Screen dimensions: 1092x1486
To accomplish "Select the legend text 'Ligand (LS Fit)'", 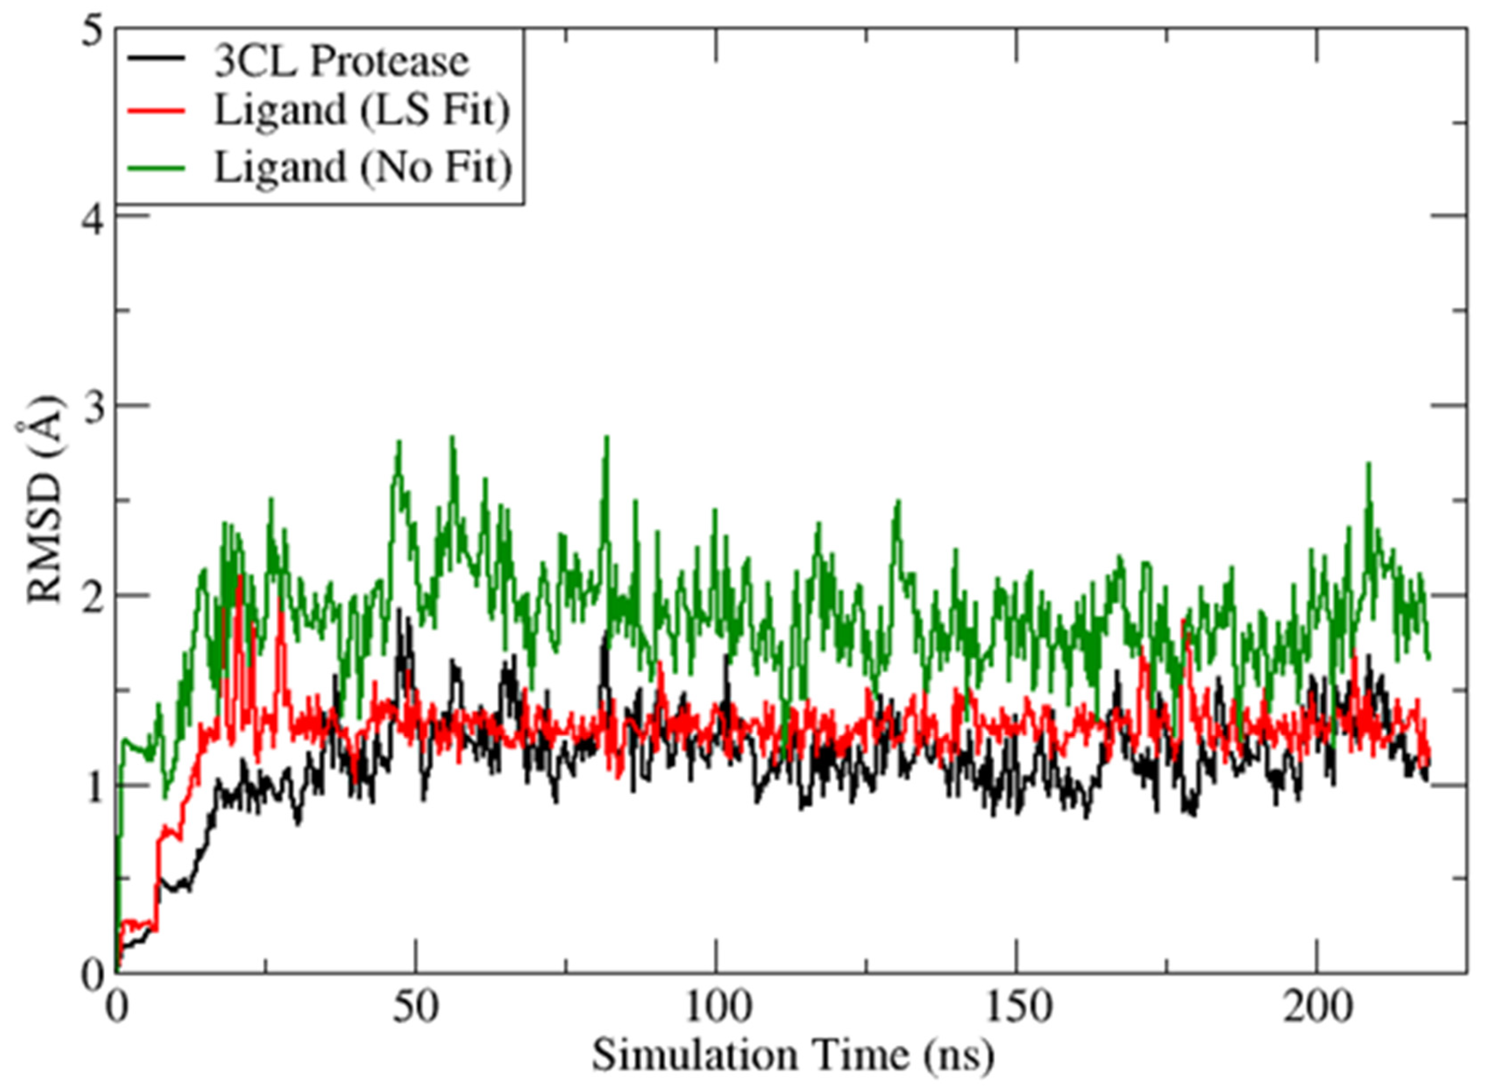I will [x=362, y=111].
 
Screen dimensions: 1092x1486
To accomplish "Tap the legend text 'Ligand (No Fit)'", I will [x=363, y=168].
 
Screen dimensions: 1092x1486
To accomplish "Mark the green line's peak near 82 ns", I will [x=607, y=438].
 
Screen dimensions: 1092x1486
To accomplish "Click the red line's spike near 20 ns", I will [x=239, y=576].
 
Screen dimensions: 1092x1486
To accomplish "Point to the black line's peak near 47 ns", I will [x=399, y=610].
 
